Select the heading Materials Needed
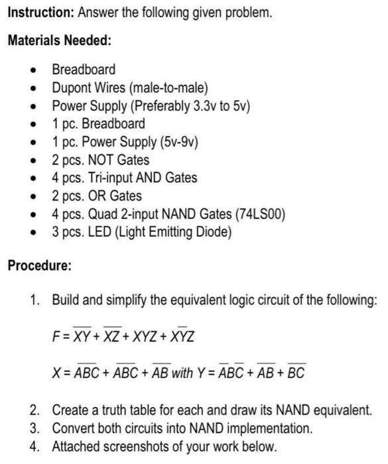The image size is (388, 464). pyautogui.click(x=59, y=40)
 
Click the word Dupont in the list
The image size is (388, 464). pyautogui.click(x=70, y=87)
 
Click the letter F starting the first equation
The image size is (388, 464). pyautogui.click(x=56, y=337)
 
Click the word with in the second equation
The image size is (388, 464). pyautogui.click(x=182, y=373)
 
